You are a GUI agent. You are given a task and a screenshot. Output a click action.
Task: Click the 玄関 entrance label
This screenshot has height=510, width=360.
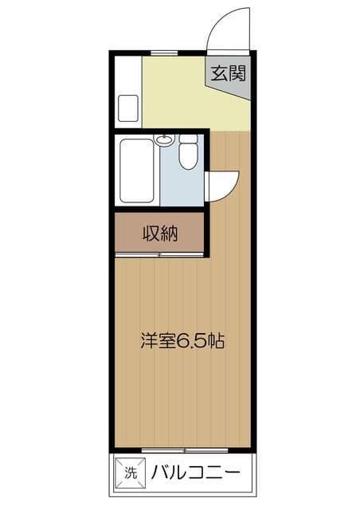(229, 73)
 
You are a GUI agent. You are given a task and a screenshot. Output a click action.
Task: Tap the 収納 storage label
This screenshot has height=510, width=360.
(160, 233)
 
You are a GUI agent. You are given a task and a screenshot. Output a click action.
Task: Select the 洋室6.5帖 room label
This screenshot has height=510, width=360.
(182, 340)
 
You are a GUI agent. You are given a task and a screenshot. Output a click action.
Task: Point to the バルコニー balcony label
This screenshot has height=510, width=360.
(196, 473)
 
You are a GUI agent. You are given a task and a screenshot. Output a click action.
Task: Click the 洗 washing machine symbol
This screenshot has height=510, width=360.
(131, 473)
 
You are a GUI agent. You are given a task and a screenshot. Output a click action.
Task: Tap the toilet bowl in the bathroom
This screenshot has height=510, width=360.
(188, 156)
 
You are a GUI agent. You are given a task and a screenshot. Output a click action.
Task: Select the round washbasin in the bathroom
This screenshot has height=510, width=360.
(164, 141)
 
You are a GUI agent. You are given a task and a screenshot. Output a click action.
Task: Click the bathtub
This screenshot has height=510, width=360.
(136, 171)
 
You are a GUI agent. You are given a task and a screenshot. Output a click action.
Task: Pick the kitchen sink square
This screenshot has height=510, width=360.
(128, 108)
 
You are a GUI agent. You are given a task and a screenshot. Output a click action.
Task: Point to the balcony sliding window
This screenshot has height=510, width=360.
(185, 450)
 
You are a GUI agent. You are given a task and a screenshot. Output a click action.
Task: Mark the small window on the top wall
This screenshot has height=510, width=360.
(164, 53)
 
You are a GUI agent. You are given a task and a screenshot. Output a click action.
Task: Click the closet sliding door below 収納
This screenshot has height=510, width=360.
(159, 254)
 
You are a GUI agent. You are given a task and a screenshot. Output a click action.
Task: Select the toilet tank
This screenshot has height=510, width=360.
(188, 139)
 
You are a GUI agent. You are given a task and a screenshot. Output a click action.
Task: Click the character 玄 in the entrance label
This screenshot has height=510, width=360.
(219, 73)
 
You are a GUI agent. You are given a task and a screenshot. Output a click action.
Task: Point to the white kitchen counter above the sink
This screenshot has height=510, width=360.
(128, 75)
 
